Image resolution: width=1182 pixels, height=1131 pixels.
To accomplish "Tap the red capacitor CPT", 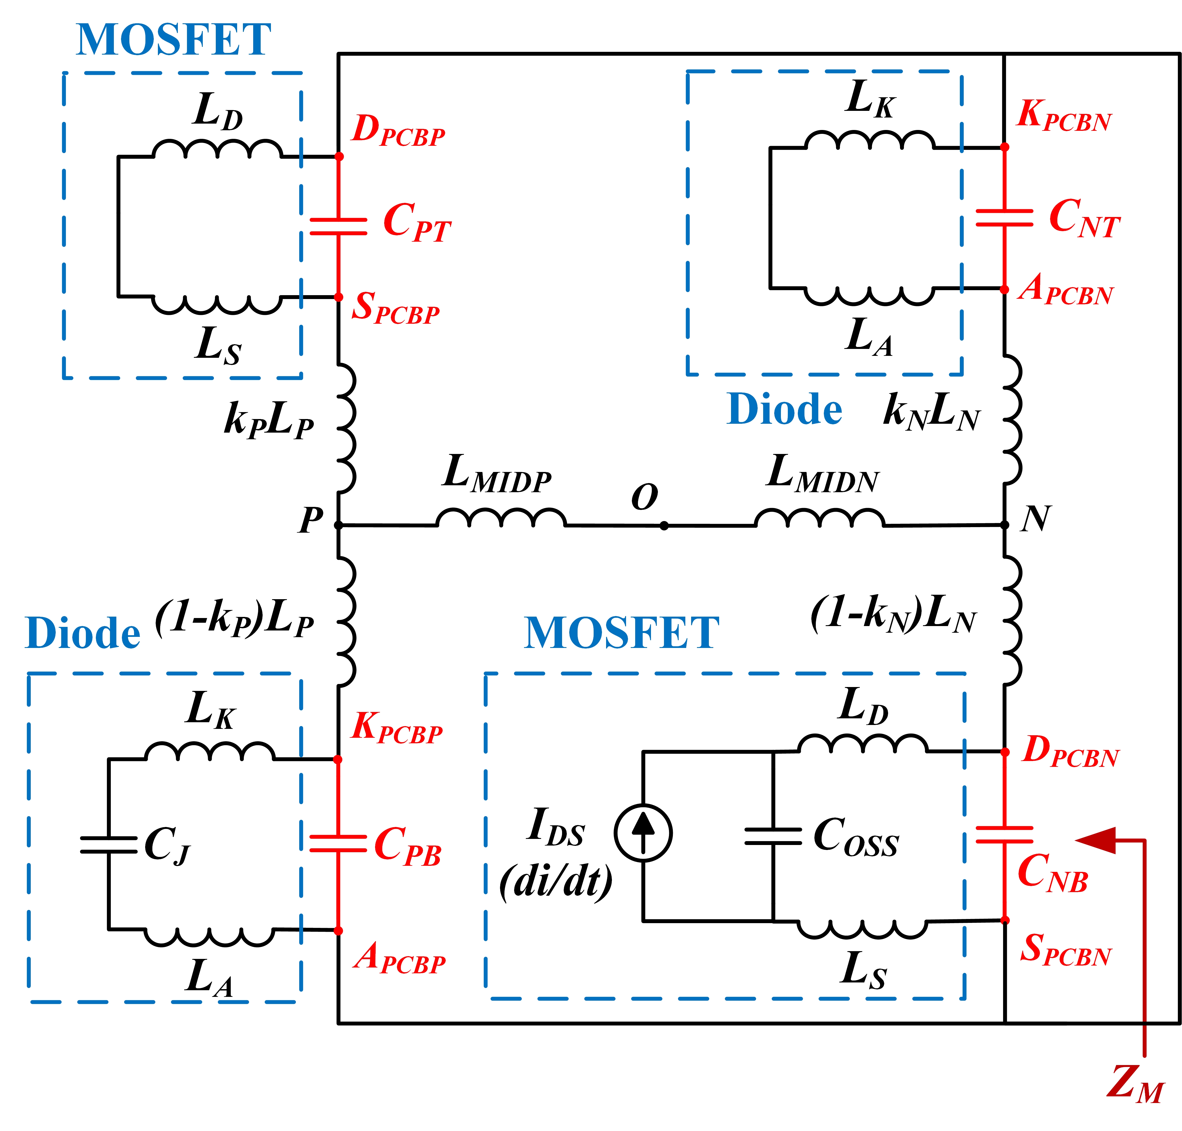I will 338,227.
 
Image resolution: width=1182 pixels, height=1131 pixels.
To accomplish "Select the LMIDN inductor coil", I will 819,519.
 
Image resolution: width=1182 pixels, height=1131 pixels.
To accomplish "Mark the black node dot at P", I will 338,525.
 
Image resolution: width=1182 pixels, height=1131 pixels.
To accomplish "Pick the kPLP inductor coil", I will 345,428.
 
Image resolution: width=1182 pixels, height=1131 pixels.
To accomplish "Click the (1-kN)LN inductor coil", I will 1012,621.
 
